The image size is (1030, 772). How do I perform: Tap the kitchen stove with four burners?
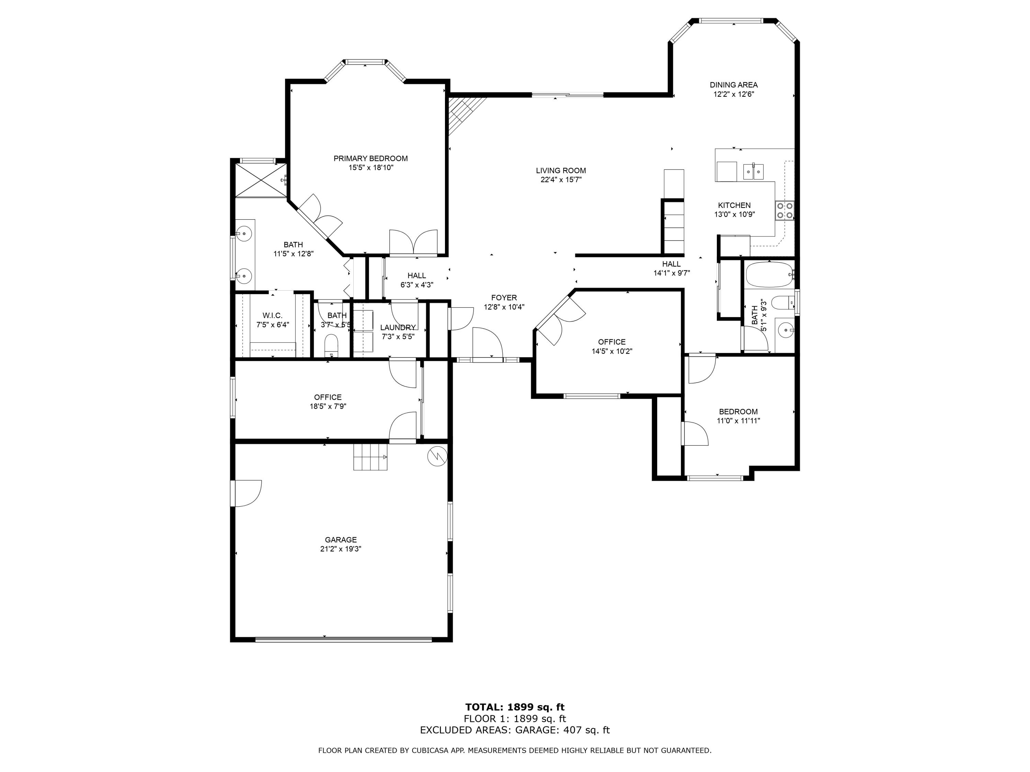tap(784, 211)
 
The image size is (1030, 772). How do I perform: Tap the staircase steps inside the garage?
tap(370, 457)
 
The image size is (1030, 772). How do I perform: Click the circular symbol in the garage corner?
tap(437, 456)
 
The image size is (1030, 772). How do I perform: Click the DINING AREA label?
tap(733, 85)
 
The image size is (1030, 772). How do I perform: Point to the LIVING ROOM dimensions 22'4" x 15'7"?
tap(561, 180)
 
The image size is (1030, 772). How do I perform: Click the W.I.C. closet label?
tap(272, 316)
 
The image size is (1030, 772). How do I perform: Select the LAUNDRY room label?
tap(398, 328)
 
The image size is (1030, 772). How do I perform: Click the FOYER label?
tap(504, 298)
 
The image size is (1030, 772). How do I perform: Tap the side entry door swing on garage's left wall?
tap(247, 493)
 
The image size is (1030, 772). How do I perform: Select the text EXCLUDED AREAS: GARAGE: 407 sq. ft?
tap(515, 730)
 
